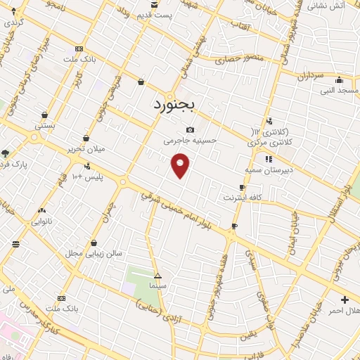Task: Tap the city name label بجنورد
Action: click(176, 105)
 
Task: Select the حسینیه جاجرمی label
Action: click(191, 141)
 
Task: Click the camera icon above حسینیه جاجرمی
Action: click(191, 130)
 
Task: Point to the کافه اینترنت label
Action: click(242, 198)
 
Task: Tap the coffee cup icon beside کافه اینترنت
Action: click(243, 187)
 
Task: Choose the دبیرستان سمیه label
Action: click(264, 170)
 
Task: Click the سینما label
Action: click(157, 286)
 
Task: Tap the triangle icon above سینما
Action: click(157, 276)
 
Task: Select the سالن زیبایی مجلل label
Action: click(95, 252)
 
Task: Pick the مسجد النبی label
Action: click(340, 90)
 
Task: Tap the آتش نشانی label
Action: click(327, 6)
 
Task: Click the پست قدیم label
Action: click(154, 15)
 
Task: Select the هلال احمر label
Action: click(345, 311)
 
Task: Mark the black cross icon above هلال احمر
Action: click(344, 300)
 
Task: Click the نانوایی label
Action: click(41, 221)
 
